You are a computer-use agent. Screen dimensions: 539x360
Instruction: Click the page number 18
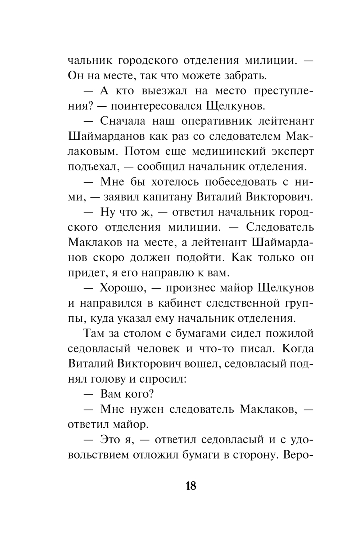pyautogui.click(x=191, y=486)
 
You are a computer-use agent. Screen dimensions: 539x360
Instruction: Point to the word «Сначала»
pyautogui.click(x=123, y=121)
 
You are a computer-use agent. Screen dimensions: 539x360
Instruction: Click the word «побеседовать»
pyautogui.click(x=223, y=182)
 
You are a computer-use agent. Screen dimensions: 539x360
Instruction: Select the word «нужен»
pyautogui.click(x=148, y=409)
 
